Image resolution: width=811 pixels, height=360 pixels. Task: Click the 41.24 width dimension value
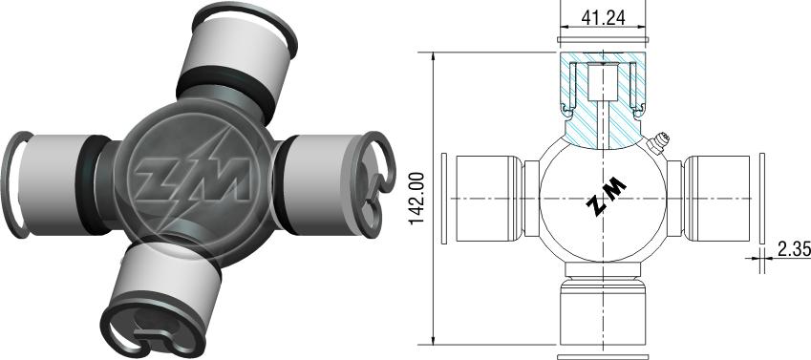click(x=603, y=17)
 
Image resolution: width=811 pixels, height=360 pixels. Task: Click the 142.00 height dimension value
click(x=416, y=198)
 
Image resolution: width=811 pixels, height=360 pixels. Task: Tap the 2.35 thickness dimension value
click(x=794, y=249)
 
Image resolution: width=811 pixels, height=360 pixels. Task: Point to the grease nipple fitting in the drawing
click(x=658, y=143)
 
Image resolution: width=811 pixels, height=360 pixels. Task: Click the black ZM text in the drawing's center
click(x=607, y=196)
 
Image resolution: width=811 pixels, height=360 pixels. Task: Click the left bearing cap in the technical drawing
click(x=489, y=198)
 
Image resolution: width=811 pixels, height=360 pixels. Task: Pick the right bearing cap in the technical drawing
click(x=716, y=198)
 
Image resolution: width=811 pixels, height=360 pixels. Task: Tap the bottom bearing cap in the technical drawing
click(x=603, y=312)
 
